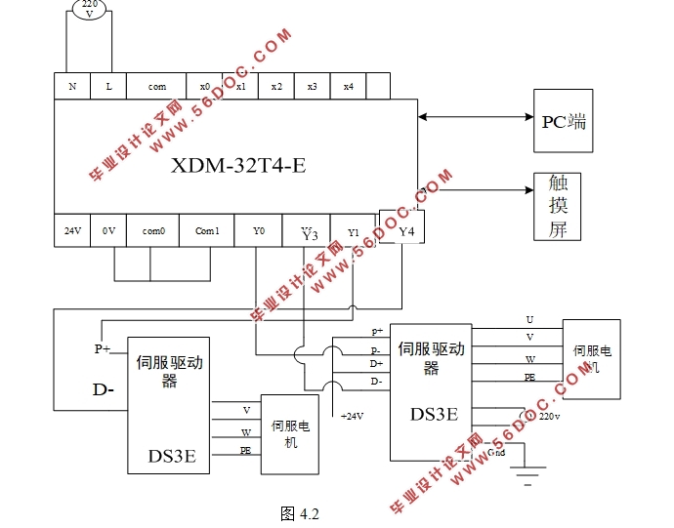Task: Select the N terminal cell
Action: [x=72, y=86]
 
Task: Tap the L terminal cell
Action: [x=108, y=86]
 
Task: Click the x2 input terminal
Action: [x=276, y=86]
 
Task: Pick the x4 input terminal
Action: [x=348, y=86]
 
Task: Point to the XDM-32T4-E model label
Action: [x=238, y=165]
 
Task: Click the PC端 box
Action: [x=564, y=121]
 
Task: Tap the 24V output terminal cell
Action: [x=72, y=230]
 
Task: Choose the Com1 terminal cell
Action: [x=207, y=230]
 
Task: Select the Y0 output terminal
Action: [x=259, y=230]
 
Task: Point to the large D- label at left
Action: [x=104, y=390]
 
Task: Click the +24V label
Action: [x=352, y=416]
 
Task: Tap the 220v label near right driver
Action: [x=549, y=415]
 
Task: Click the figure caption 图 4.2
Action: [x=300, y=513]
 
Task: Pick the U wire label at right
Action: [x=529, y=319]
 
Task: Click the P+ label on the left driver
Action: [x=102, y=347]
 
